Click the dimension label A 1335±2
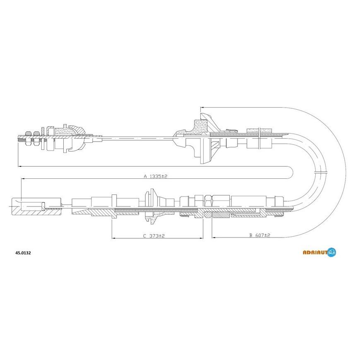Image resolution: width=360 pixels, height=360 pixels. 156,176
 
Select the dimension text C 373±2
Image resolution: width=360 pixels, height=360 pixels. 154,236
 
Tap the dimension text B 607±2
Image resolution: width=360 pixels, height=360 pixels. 260,235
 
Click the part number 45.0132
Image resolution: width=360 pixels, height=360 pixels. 23,253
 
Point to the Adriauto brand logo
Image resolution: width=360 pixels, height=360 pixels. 319,252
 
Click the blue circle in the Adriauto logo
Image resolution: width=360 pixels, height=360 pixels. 331,252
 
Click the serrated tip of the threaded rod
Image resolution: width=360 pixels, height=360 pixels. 21,139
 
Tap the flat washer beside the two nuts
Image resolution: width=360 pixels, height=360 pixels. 43,138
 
